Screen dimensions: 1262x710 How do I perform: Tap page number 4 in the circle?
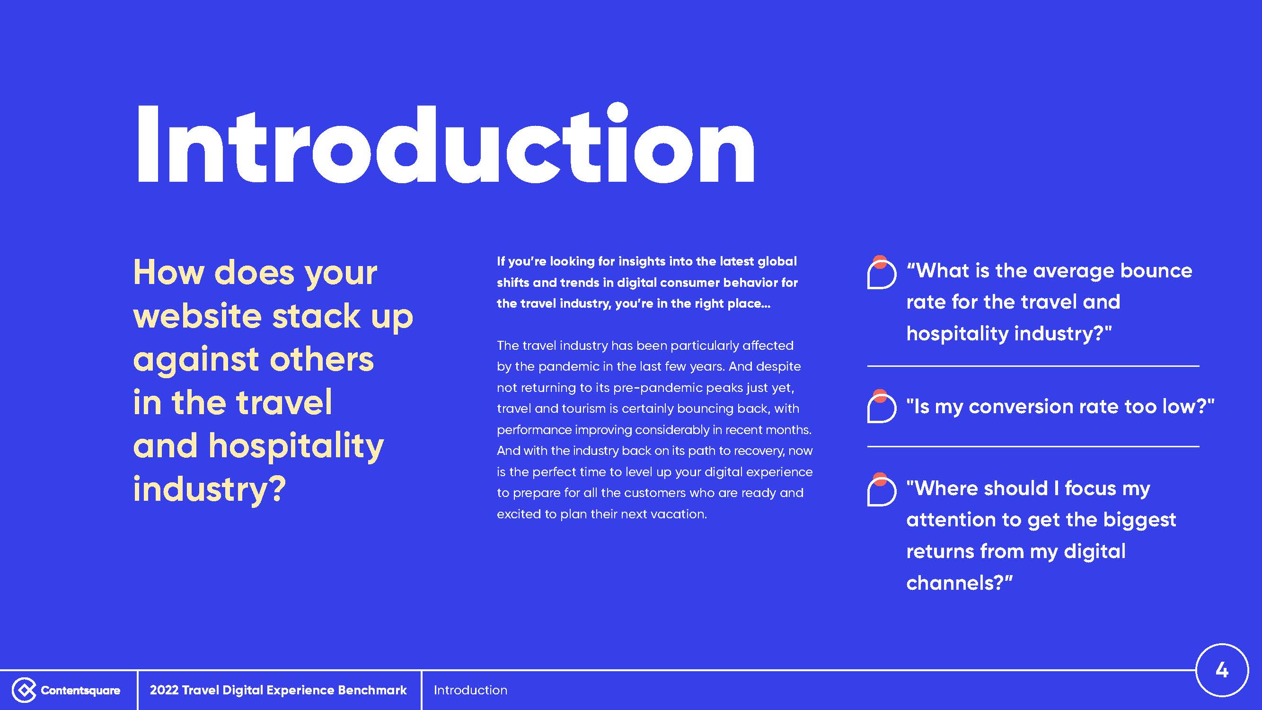point(1222,670)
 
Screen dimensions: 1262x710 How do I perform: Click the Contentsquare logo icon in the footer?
point(24,690)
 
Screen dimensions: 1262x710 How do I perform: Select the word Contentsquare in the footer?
point(80,690)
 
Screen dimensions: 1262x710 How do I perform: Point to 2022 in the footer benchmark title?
point(164,690)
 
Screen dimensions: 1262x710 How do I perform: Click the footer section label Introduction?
point(470,690)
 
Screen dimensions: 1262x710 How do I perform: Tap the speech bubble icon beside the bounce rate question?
point(882,273)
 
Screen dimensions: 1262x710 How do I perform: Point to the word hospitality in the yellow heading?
point(296,447)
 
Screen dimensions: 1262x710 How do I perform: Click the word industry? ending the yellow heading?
point(209,489)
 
